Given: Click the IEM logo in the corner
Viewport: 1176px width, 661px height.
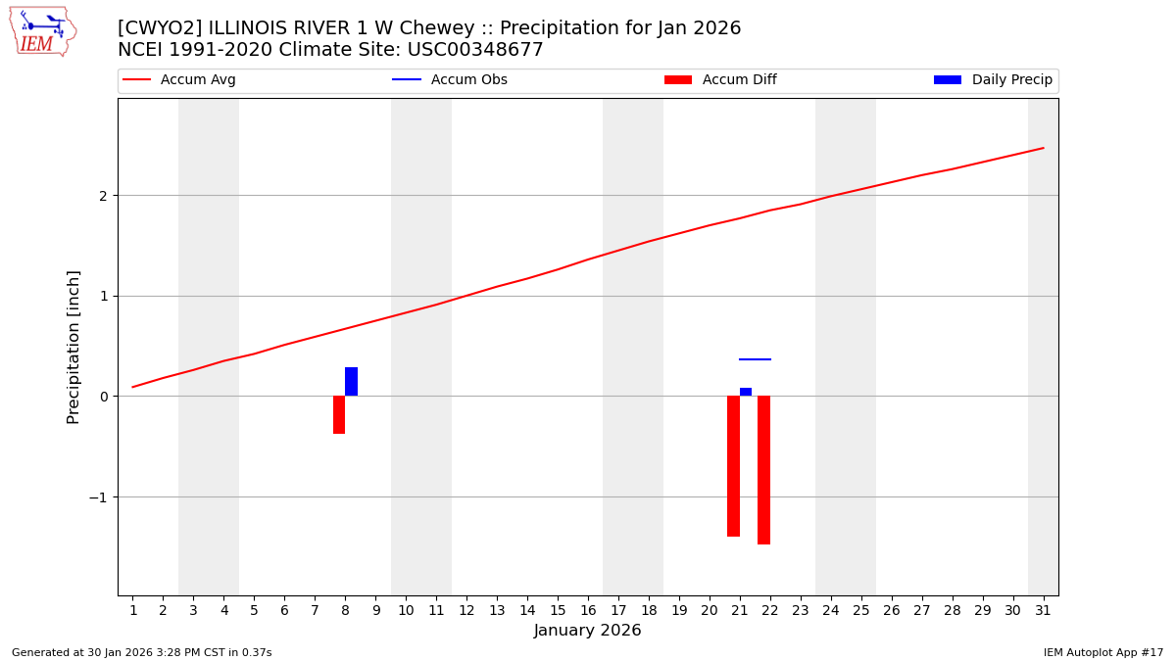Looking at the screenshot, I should [43, 31].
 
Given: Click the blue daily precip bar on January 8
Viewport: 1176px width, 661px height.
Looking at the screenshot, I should [351, 382].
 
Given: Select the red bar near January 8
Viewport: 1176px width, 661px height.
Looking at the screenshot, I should [339, 414].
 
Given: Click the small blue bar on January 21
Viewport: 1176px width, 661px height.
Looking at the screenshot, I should [746, 392].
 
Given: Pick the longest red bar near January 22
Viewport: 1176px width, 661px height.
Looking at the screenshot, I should [763, 470].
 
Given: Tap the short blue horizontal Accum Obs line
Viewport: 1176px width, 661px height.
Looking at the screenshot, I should [755, 359].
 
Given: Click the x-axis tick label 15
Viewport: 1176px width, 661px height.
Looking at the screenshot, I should [558, 611].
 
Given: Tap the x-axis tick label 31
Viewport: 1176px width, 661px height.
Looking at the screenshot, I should [1043, 611].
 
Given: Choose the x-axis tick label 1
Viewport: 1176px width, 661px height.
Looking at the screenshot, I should [133, 611].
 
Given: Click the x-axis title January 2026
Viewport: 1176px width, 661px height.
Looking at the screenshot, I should [587, 631].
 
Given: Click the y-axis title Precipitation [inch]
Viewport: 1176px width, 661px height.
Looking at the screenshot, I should [73, 347].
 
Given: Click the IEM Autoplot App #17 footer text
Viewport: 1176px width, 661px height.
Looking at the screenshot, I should [1102, 652].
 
